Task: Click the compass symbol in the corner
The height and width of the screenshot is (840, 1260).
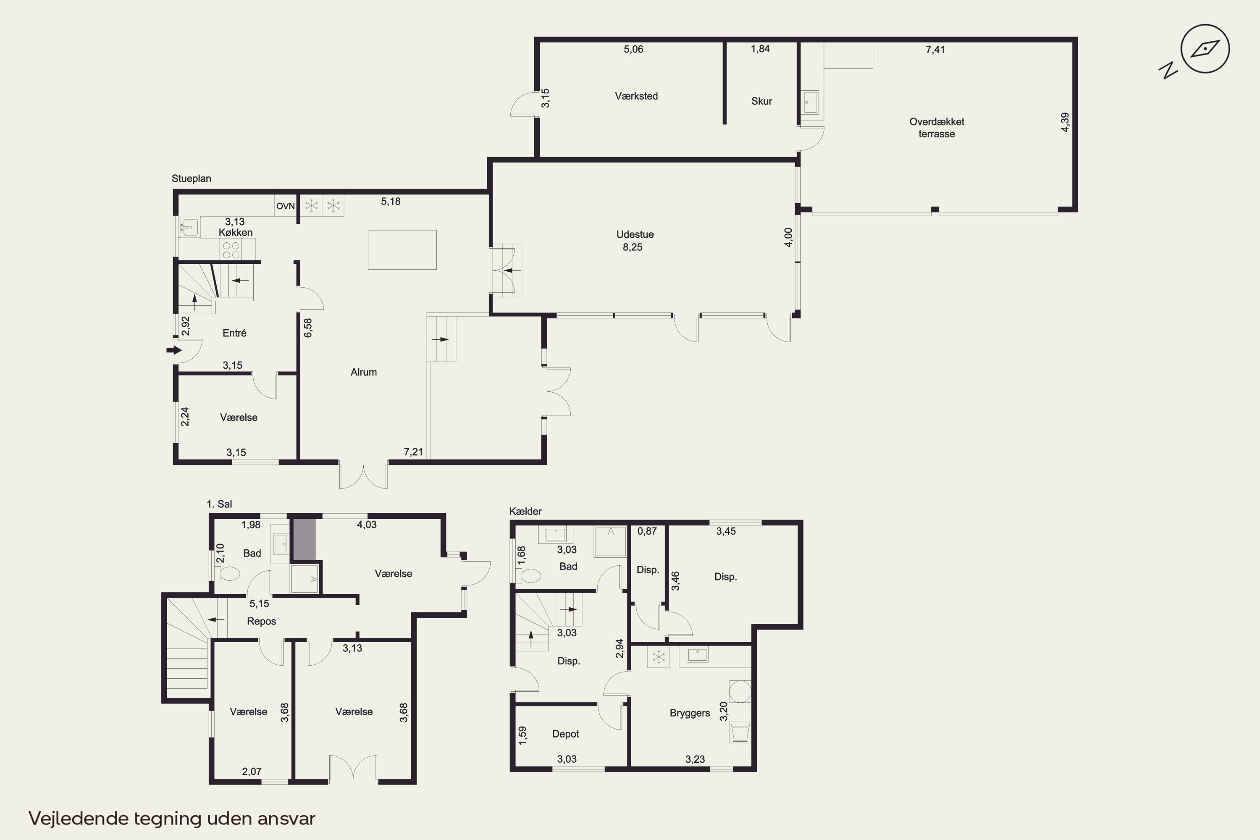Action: [1205, 49]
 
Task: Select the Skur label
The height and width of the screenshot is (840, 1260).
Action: [761, 101]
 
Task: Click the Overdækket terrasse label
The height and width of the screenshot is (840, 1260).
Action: [937, 128]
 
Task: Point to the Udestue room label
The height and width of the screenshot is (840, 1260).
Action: [635, 235]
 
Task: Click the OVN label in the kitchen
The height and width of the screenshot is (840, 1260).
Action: [286, 206]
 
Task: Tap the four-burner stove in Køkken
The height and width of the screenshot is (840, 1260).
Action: [231, 249]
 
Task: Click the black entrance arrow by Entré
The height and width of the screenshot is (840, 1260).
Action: [174, 350]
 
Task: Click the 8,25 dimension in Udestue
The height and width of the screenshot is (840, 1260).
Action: [632, 247]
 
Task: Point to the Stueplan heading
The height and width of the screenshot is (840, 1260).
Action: [191, 179]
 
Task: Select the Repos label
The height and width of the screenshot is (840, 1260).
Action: [261, 622]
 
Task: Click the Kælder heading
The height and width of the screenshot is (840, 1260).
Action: [525, 512]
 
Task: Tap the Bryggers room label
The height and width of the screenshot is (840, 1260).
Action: [690, 714]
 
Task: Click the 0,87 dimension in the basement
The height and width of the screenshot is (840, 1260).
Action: [647, 531]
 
